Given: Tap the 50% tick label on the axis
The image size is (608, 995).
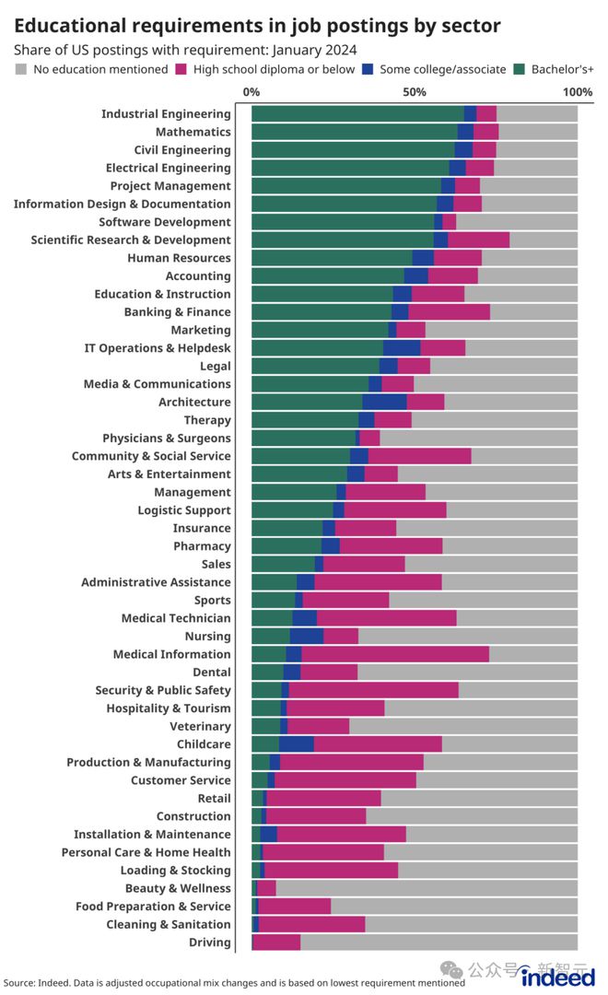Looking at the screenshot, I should tap(415, 92).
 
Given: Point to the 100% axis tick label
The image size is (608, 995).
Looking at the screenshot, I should tap(577, 92).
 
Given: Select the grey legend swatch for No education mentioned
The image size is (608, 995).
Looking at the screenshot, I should tap(21, 69).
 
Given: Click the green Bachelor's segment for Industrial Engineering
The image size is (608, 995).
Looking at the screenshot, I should tap(357, 114).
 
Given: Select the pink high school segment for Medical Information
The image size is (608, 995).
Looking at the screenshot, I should tap(394, 654).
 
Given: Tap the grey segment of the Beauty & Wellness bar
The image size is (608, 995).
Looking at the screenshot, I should tap(427, 888).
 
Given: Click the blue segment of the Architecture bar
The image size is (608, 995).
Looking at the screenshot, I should tap(384, 402).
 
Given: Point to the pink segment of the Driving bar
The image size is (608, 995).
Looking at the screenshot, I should tap(276, 942).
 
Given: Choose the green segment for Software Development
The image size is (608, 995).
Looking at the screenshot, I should tap(342, 222).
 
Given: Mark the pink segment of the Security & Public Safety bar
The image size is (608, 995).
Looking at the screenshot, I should tap(373, 690).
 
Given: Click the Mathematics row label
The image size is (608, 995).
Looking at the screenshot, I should tap(193, 132).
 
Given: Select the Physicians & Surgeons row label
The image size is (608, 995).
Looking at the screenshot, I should tap(167, 438).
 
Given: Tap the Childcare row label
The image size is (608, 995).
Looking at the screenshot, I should tap(204, 744).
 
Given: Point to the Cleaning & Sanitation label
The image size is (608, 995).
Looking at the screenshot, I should tap(169, 924).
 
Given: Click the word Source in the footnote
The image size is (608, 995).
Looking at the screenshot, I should tap(18, 983).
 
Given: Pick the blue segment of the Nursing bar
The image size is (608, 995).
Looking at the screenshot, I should tap(306, 636).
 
